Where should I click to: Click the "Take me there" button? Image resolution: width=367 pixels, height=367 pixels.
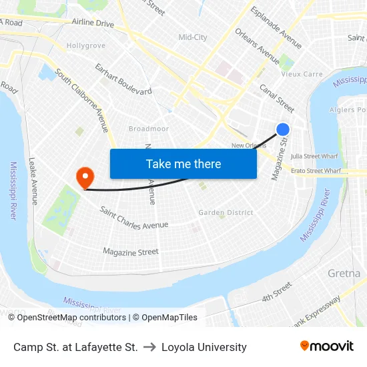(183, 163)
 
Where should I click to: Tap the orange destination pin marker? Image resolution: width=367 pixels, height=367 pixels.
(85, 177)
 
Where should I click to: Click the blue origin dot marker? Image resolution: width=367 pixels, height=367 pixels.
(283, 129)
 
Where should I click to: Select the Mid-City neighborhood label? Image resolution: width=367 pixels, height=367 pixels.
(193, 37)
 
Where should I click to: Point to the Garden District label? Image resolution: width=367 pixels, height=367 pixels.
(226, 213)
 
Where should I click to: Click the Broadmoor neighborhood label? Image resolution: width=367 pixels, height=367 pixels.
(148, 128)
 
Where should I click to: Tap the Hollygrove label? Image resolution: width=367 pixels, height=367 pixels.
(86, 45)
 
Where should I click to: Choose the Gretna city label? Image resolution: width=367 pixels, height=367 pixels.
(344, 274)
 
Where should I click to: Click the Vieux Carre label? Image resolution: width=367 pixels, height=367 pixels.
(302, 74)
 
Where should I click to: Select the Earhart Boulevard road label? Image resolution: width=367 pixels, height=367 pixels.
(123, 79)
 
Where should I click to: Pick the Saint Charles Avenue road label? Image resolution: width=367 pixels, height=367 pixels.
(134, 219)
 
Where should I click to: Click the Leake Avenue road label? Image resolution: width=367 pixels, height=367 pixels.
(33, 181)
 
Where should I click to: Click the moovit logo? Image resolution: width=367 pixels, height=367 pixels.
(326, 346)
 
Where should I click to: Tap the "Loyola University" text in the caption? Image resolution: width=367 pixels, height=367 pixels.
(204, 347)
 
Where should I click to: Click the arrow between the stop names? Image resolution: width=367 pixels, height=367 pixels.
(149, 347)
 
